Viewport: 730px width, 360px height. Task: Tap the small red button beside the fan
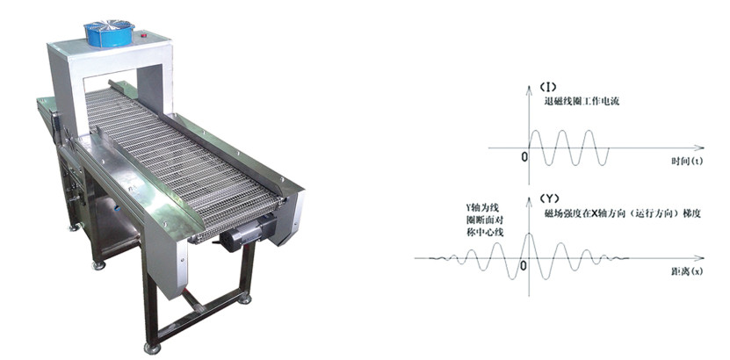[x=144, y=34]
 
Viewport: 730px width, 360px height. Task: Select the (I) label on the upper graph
[x=547, y=87]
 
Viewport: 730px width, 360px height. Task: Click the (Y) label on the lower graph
[x=548, y=198]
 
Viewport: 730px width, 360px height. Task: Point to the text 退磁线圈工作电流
[x=582, y=101]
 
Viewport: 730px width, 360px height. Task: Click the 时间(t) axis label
[x=687, y=161]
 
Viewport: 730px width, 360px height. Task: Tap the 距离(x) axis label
[x=687, y=271]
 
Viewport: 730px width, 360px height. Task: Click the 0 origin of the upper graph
[x=524, y=157]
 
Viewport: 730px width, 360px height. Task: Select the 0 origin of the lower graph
[x=524, y=265]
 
